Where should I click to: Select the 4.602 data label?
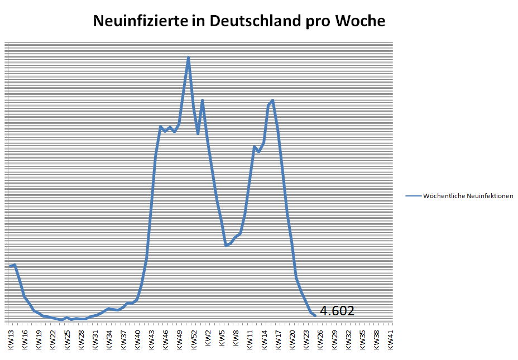(337, 311)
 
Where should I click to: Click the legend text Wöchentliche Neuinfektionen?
(468, 196)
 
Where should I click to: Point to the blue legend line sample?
(413, 196)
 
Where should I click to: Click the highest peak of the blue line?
(189, 57)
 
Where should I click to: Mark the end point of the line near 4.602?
(315, 315)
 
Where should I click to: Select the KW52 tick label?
(194, 340)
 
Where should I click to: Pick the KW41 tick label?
(391, 340)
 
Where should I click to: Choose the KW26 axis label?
(320, 340)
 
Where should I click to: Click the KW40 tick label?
(137, 340)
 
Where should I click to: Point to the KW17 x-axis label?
(278, 340)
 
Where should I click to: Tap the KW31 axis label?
(95, 340)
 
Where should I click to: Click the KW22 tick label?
(53, 340)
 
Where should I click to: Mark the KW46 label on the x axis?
(166, 340)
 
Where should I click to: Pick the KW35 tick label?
(363, 340)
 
